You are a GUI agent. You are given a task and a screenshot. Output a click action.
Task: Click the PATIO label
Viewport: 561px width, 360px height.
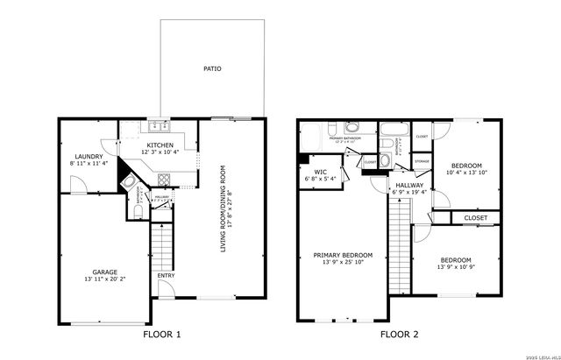pos(211,67)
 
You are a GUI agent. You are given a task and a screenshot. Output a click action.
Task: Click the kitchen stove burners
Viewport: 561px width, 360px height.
pos(163,180)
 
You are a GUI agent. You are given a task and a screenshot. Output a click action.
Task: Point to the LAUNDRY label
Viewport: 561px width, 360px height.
pos(89,155)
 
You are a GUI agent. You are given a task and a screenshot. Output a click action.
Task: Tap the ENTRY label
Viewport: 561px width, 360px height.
pos(166,276)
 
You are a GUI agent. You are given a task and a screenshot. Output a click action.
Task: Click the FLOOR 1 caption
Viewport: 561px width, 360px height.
pos(161,334)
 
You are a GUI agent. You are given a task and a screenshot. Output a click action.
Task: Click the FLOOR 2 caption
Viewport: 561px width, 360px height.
pos(400,334)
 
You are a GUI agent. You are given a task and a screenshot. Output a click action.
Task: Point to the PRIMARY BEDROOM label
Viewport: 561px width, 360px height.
pos(343,256)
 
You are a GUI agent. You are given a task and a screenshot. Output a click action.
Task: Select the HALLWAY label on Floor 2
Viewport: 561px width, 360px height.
pos(409,186)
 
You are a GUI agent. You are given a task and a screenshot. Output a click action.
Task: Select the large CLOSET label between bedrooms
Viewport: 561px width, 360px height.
pos(475,217)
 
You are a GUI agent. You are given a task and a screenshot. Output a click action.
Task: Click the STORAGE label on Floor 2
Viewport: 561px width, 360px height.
pos(423,162)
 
